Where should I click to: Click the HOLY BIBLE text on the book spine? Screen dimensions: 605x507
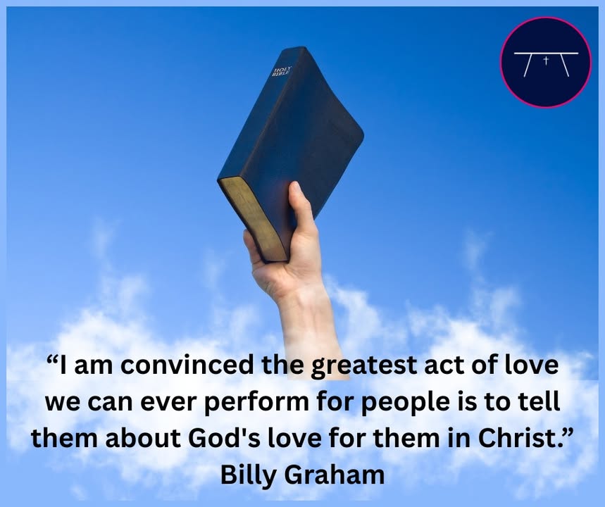pos(282,71)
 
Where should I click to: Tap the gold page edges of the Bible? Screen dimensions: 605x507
pos(253,219)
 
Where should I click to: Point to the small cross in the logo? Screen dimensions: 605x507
pos(546,60)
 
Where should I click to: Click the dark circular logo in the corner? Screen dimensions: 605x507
pos(546,62)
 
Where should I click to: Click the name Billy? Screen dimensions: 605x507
pos(249,475)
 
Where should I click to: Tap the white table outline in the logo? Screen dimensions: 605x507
pos(546,64)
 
